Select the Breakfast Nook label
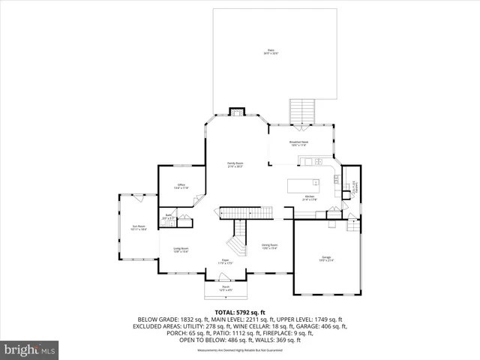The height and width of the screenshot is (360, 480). (x=299, y=142)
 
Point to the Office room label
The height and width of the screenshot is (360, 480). (x=181, y=187)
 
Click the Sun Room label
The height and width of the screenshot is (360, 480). (x=139, y=227)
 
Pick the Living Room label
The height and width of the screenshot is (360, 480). (x=181, y=250)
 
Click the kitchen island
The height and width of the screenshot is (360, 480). (x=307, y=184)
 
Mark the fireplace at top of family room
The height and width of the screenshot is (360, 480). (x=237, y=112)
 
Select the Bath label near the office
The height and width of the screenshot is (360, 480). (x=169, y=217)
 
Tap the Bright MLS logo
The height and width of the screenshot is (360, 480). (x=31, y=349)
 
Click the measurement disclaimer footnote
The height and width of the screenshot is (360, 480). (x=240, y=351)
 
